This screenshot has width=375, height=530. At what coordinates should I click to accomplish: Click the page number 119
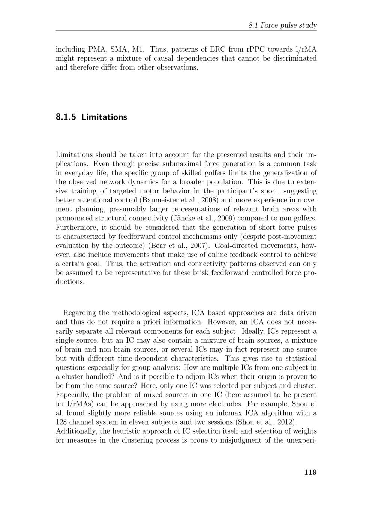pos(310,472)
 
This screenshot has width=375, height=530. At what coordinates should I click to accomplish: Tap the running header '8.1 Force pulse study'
pos(283,25)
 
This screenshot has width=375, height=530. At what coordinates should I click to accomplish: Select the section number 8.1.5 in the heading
pos(67,117)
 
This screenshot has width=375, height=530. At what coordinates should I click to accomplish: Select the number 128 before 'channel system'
pos(62,422)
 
